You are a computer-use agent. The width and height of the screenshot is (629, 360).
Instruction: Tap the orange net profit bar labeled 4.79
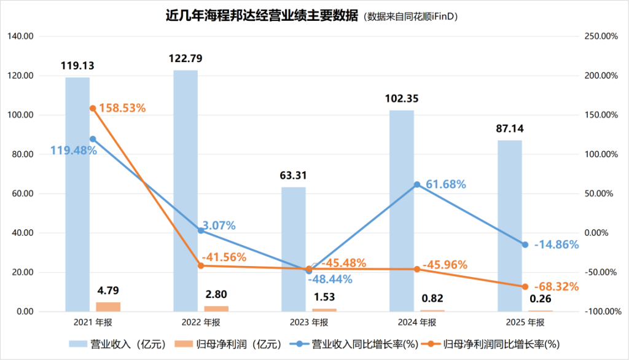(x=108, y=307)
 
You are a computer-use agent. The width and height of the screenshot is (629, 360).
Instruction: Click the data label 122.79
(x=186, y=60)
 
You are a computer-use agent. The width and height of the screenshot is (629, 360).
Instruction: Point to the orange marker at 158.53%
(x=93, y=108)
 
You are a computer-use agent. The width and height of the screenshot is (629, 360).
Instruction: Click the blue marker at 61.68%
(x=417, y=184)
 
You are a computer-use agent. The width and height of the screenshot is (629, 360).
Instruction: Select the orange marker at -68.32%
(x=525, y=286)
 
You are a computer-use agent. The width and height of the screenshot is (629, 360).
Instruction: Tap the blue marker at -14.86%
(x=525, y=245)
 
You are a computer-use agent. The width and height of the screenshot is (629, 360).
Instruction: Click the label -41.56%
(x=224, y=257)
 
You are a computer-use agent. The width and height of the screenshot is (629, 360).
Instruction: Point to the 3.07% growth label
(x=219, y=225)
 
